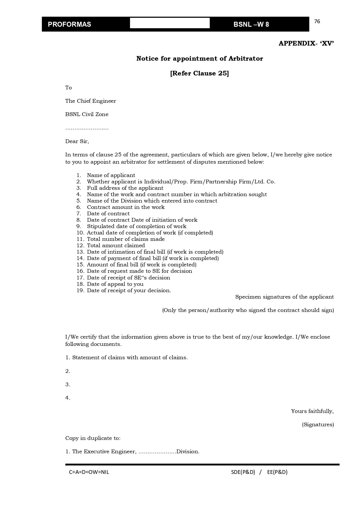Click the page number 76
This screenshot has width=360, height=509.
[317, 21]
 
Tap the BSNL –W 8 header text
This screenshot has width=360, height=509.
[251, 24]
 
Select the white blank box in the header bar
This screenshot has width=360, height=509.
[170, 23]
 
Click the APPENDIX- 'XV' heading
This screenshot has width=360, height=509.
[306, 43]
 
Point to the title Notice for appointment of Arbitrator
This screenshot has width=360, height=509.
[200, 59]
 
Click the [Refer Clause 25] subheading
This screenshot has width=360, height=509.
[200, 73]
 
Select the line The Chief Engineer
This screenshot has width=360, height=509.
[91, 101]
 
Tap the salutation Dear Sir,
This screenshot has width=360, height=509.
[77, 141]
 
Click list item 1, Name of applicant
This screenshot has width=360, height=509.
[111, 175]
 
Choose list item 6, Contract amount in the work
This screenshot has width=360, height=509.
[126, 207]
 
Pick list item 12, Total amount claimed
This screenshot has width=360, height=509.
[116, 246]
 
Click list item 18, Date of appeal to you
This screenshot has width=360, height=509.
[115, 284]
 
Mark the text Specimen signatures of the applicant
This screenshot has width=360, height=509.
[284, 297]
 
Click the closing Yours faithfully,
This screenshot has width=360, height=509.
[312, 411]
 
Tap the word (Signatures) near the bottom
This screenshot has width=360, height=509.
[318, 425]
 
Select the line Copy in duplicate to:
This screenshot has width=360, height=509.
[93, 438]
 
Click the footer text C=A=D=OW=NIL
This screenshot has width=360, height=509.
[89, 472]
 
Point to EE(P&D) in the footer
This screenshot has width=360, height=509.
[277, 472]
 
